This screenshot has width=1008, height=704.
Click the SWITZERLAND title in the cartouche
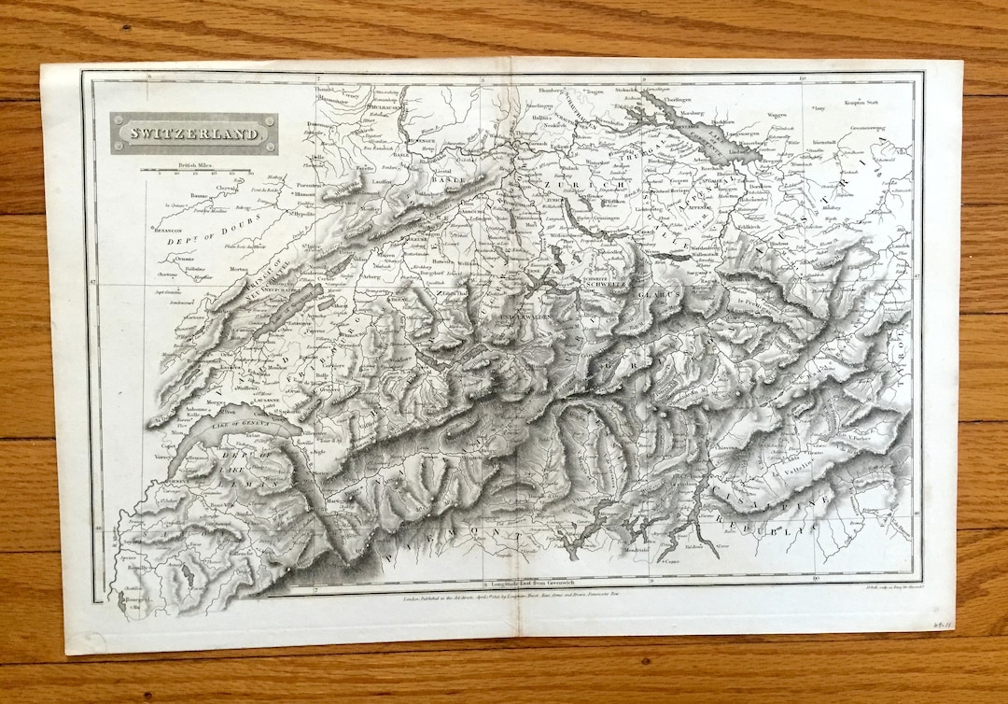[193, 134]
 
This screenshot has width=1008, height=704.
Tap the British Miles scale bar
[195, 171]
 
